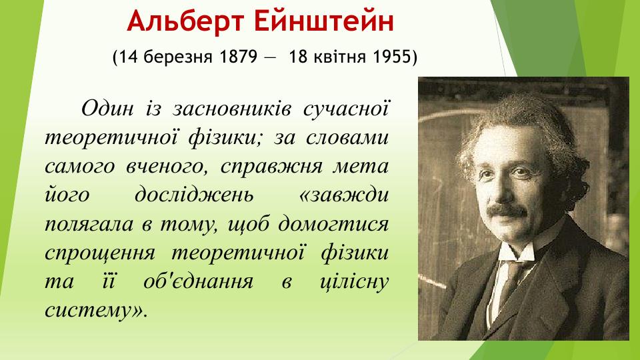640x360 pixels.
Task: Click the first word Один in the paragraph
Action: [107, 107]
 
